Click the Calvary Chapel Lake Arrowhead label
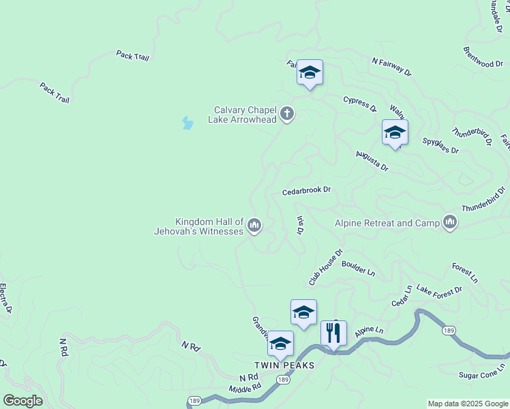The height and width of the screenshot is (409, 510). [x=245, y=115]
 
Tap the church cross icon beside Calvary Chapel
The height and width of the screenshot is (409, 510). [x=287, y=114]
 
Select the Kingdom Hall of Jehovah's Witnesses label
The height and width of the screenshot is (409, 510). [x=209, y=226]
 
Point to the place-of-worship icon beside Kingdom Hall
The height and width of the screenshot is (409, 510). [x=254, y=224]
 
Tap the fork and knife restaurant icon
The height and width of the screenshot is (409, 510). [x=333, y=333]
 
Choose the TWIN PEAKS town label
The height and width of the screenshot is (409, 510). [x=285, y=365]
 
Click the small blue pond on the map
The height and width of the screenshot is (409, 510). [x=187, y=123]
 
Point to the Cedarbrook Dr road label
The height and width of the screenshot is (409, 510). [x=306, y=191]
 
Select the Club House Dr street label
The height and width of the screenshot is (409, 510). [x=325, y=267]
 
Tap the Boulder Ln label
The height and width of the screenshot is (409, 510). [x=359, y=267]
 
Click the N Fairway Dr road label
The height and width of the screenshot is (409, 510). [x=392, y=66]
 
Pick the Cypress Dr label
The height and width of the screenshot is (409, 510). [x=360, y=103]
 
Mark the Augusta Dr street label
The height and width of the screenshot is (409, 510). [x=372, y=162]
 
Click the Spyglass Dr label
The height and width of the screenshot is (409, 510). [x=440, y=145]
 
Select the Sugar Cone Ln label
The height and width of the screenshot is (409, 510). [x=481, y=371]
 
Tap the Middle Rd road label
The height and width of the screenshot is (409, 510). [x=245, y=389]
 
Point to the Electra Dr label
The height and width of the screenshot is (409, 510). [x=5, y=299]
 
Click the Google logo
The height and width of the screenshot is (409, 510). [x=22, y=401]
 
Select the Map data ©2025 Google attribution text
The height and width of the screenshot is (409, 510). [x=468, y=404]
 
